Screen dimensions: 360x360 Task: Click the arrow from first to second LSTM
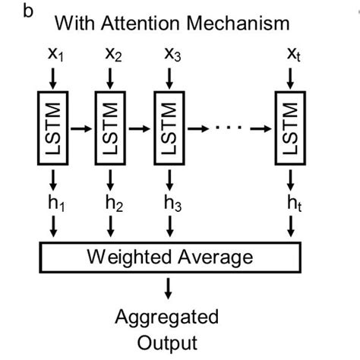(x=82, y=128)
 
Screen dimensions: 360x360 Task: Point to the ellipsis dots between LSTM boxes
(x=232, y=128)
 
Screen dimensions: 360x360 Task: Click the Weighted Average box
(x=171, y=257)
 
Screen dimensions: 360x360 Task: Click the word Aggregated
(x=166, y=316)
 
